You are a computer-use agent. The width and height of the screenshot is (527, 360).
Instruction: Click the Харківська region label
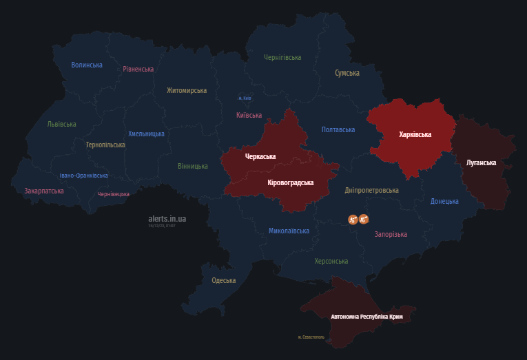[415, 134]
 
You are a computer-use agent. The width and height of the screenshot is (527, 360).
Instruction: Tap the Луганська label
[482, 162]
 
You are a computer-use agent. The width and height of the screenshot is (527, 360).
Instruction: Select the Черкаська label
[260, 156]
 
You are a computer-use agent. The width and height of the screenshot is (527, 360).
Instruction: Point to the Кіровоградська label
[290, 182]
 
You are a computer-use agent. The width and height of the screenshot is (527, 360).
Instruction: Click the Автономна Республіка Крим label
[367, 317]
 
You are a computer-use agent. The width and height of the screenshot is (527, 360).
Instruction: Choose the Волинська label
[87, 65]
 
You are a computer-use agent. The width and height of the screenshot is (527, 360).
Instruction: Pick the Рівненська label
[138, 69]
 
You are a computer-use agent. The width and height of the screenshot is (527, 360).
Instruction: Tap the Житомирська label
[187, 90]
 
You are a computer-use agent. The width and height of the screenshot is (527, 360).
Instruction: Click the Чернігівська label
[282, 57]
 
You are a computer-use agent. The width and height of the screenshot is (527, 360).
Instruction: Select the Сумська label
[347, 72]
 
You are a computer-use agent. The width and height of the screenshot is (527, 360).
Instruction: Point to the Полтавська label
[338, 129]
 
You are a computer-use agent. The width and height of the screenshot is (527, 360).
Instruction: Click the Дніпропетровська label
[372, 190]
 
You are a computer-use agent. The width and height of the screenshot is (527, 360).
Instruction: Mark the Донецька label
[444, 201]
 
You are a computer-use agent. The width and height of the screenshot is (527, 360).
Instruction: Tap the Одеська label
[224, 280]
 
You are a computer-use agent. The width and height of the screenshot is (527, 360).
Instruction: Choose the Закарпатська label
[44, 191]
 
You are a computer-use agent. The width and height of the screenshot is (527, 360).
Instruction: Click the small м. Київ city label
[245, 98]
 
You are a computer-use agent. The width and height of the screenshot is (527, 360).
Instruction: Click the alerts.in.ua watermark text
[167, 219]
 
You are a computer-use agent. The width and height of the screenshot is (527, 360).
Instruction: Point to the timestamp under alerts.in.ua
[162, 225]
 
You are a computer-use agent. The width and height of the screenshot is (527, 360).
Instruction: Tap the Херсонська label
[331, 261]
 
